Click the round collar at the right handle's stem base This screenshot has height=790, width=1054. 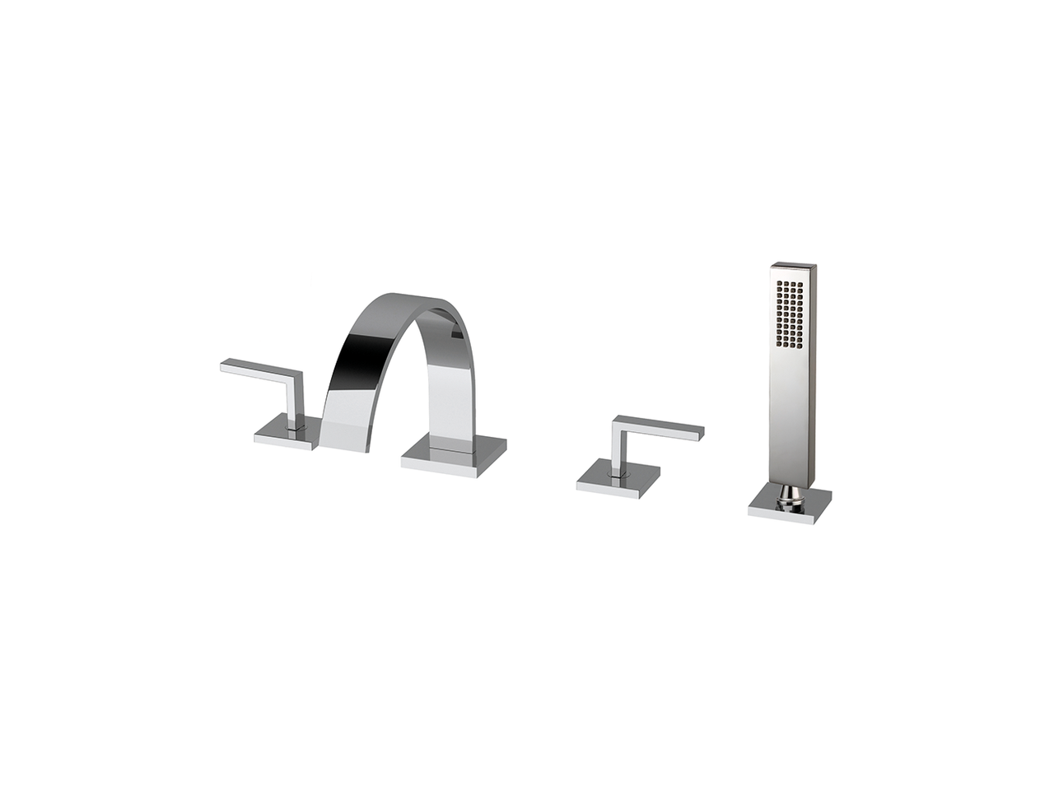[616, 474]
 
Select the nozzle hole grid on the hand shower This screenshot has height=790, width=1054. [790, 313]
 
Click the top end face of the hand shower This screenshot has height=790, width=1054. [794, 266]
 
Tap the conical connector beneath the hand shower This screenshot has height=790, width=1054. [791, 494]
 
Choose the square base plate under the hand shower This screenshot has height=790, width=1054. [789, 506]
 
